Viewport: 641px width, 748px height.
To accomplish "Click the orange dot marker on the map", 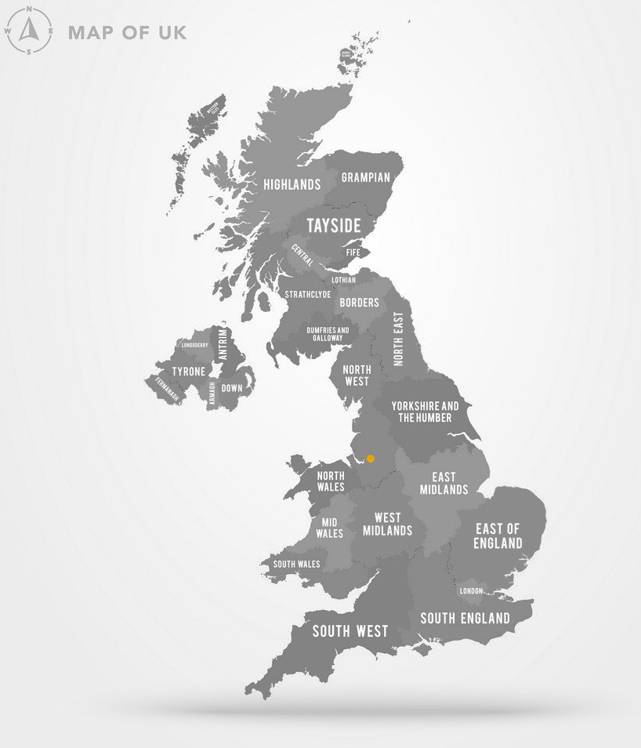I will point(371,459).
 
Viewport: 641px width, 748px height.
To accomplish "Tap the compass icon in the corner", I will point(29,31).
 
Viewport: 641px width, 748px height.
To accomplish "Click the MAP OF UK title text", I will point(128,33).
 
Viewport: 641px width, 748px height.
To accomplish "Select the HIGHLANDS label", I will point(292,185).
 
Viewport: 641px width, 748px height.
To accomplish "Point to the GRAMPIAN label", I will point(365,177).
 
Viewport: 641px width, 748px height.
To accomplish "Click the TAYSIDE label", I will point(334,226).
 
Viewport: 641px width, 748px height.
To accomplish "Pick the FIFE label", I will point(353,252).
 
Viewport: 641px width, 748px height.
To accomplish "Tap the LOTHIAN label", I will point(343,280).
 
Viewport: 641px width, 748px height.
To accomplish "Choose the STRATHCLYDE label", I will point(308,295).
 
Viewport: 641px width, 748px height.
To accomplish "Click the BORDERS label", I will point(359,303).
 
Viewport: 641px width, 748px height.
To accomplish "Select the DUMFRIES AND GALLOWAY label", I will point(328,334).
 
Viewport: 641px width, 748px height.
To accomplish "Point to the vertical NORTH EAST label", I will point(399,339).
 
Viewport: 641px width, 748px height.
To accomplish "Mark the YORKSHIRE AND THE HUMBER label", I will point(425,412).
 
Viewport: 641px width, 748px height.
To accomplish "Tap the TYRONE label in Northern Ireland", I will point(188,372).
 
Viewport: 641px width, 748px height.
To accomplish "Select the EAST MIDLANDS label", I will point(444,483).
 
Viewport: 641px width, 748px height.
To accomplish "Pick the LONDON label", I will point(471,590).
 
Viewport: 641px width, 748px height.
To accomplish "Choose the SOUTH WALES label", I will point(296,564).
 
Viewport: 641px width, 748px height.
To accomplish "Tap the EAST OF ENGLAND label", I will point(498,536).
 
